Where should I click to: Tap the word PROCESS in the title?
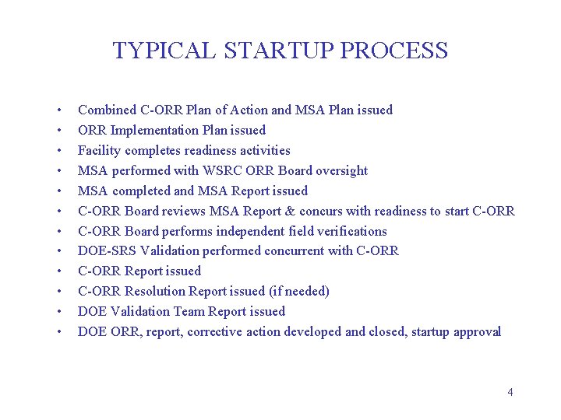click(394, 51)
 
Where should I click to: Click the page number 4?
click(510, 392)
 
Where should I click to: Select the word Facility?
click(98, 151)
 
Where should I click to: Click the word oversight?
click(340, 171)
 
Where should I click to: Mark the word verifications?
click(348, 232)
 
